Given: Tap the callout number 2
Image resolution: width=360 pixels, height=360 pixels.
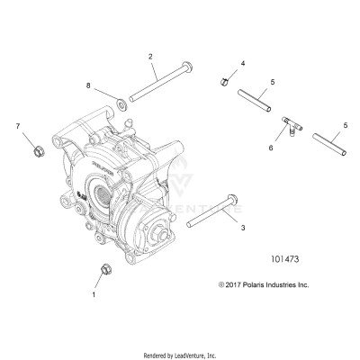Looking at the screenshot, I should click(x=150, y=57).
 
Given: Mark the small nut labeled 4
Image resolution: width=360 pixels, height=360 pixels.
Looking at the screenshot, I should click(x=221, y=83).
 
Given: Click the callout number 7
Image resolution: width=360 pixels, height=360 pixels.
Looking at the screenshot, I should click(x=16, y=127).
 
